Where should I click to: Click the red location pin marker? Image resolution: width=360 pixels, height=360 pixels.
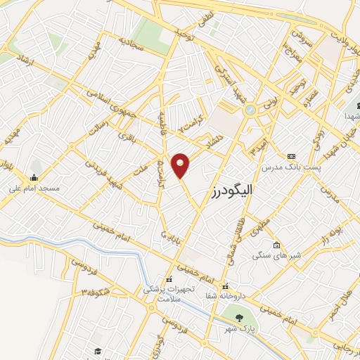(181, 165)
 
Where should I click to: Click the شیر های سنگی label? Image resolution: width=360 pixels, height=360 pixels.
(276, 255)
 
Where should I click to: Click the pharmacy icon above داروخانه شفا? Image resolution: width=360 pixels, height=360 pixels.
(226, 286)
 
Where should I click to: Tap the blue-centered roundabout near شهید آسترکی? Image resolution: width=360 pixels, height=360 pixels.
(250, 109)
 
